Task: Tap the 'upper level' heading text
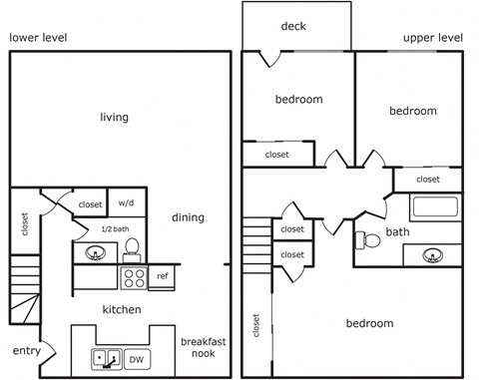click(433, 38)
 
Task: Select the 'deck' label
click(293, 26)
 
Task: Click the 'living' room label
click(114, 118)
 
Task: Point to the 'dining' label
click(188, 217)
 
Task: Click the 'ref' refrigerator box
click(163, 275)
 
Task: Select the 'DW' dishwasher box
click(138, 357)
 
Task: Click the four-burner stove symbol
click(133, 276)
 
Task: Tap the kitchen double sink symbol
click(107, 357)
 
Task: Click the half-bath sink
click(95, 253)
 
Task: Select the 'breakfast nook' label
click(204, 348)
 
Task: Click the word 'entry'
click(26, 351)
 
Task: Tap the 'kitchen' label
click(122, 310)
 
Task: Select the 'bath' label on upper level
click(398, 232)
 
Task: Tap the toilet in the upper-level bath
click(363, 239)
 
